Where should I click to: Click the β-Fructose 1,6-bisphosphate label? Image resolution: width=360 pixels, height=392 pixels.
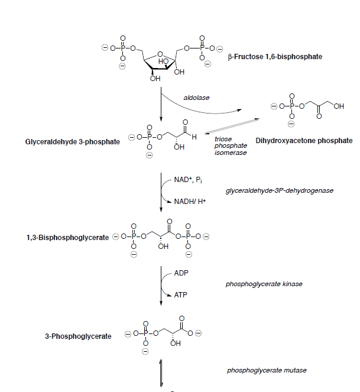[275, 57]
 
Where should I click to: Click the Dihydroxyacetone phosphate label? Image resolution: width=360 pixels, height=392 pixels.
[304, 141]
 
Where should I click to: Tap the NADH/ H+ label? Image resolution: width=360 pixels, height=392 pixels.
[190, 202]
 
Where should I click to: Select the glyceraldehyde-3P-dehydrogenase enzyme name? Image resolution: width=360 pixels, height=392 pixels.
[280, 190]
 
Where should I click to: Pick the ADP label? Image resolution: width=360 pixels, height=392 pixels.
[181, 274]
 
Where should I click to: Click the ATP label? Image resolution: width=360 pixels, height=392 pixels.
[180, 294]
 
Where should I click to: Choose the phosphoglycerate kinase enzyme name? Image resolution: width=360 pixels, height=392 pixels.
[264, 284]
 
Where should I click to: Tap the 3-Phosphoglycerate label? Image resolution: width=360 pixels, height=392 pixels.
[78, 336]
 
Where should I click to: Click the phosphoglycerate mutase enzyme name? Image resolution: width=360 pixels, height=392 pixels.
[266, 371]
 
